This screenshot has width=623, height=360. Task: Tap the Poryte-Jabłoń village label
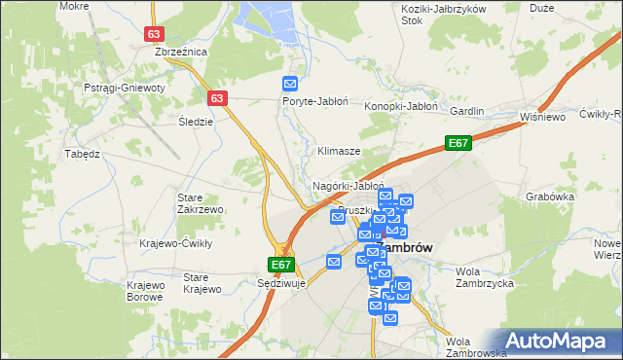[310, 101]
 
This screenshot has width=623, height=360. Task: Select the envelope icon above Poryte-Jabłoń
[289, 85]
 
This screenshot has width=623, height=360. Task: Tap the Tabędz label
[83, 154]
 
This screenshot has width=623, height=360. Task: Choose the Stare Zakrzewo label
[201, 203]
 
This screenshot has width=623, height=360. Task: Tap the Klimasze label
[340, 152]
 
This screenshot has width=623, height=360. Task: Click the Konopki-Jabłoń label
[401, 106]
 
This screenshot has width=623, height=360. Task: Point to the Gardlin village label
[467, 111]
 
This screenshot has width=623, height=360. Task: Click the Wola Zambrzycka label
[484, 276]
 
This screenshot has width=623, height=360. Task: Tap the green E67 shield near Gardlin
[459, 144]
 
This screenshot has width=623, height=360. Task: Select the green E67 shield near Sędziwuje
[280, 265]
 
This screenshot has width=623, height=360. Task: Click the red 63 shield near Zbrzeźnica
[154, 33]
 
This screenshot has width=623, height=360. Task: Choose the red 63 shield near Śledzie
[218, 98]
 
